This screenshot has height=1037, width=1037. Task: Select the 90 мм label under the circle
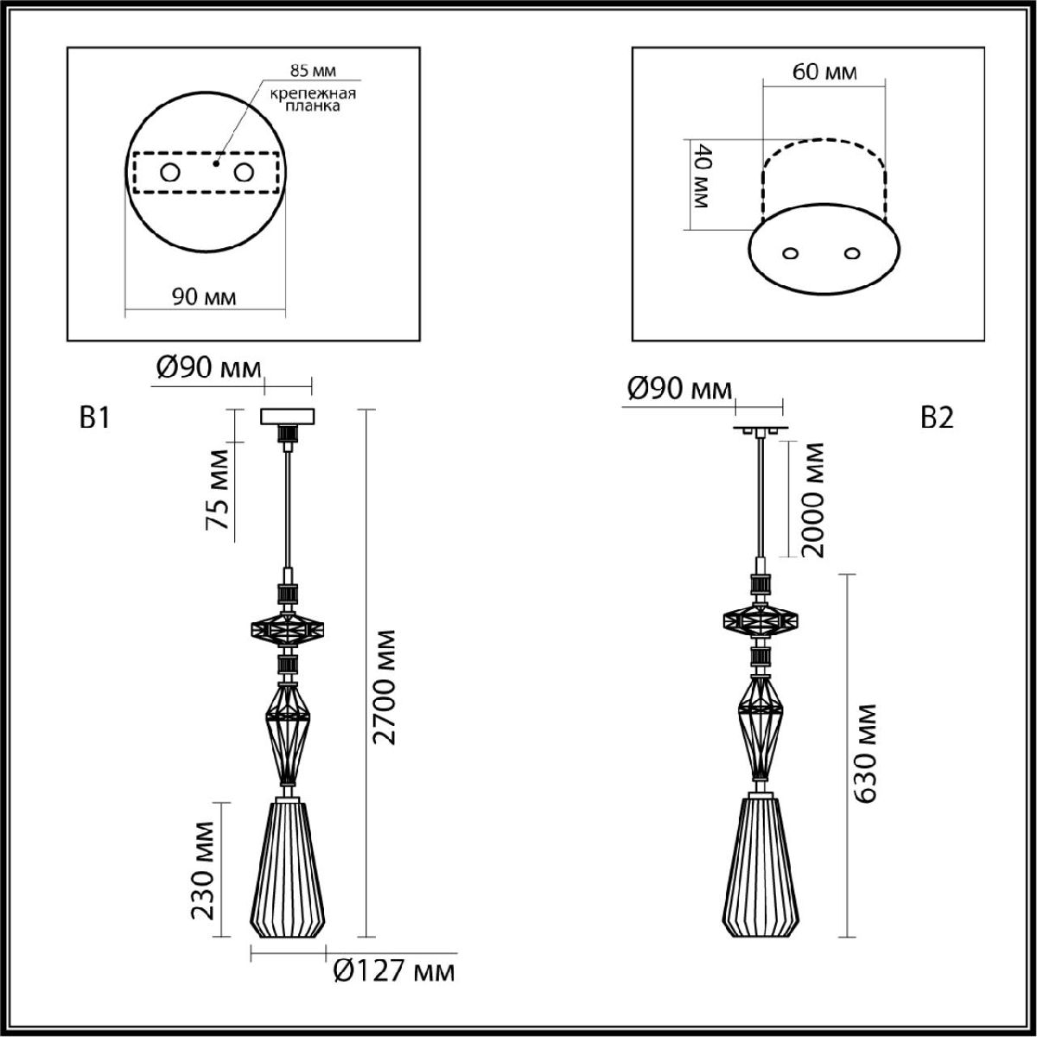[x=204, y=297]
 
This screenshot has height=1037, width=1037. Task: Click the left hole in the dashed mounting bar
[x=169, y=173]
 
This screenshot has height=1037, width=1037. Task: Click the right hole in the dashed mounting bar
[x=245, y=173]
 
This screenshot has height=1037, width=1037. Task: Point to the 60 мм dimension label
[x=824, y=72]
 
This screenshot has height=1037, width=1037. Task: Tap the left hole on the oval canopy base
[x=790, y=253]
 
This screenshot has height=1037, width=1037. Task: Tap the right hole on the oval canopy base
[x=853, y=253]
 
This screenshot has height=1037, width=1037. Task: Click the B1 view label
[x=94, y=418]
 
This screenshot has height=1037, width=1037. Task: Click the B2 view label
[x=937, y=418]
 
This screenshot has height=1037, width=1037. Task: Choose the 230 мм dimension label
[x=203, y=871]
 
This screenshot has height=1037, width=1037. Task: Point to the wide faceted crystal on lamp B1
[x=287, y=632]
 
